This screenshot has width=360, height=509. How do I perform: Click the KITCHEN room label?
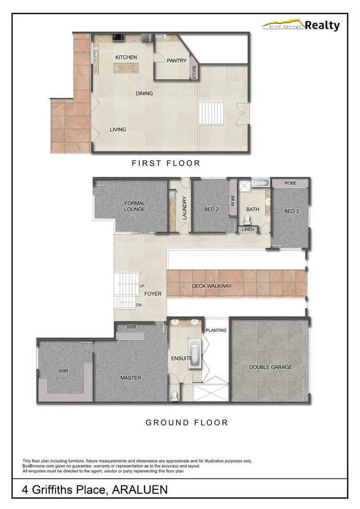[126, 57]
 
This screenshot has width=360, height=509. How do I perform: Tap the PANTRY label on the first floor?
[176, 61]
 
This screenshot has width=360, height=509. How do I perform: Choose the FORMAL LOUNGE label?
[134, 206]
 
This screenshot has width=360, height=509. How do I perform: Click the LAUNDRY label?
[184, 208]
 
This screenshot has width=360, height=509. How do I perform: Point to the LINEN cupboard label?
[248, 229]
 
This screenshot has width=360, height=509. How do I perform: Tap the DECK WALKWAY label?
[212, 286]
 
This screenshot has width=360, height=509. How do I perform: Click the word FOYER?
[153, 294]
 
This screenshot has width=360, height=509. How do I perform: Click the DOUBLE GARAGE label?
[270, 367]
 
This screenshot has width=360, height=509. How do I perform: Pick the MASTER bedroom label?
[131, 378]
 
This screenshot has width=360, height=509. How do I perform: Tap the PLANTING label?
[216, 330]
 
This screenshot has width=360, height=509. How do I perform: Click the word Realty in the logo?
[323, 25]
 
